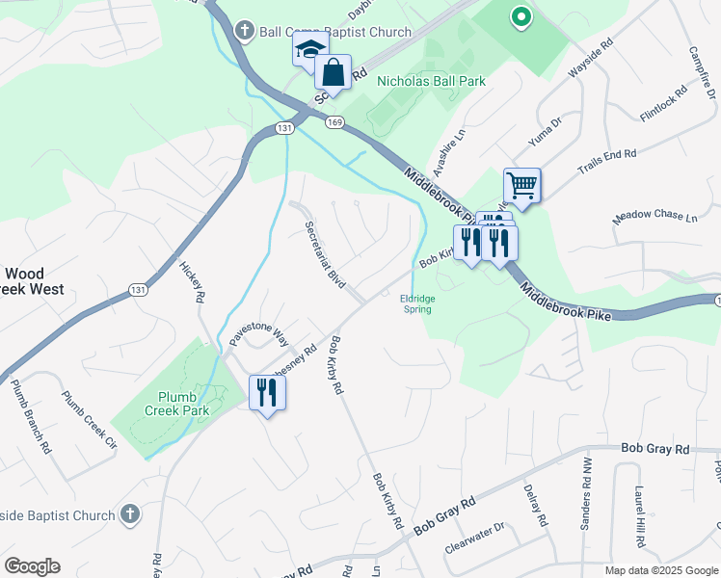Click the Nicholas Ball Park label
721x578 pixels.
point(431,82)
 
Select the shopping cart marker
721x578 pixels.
point(521,184)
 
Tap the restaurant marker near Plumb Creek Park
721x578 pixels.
point(267,392)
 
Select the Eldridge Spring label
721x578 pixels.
point(416,303)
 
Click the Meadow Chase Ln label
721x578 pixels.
point(654,217)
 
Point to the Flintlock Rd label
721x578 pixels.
point(663,104)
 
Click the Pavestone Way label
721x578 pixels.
point(259,335)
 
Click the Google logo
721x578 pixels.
point(32,566)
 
